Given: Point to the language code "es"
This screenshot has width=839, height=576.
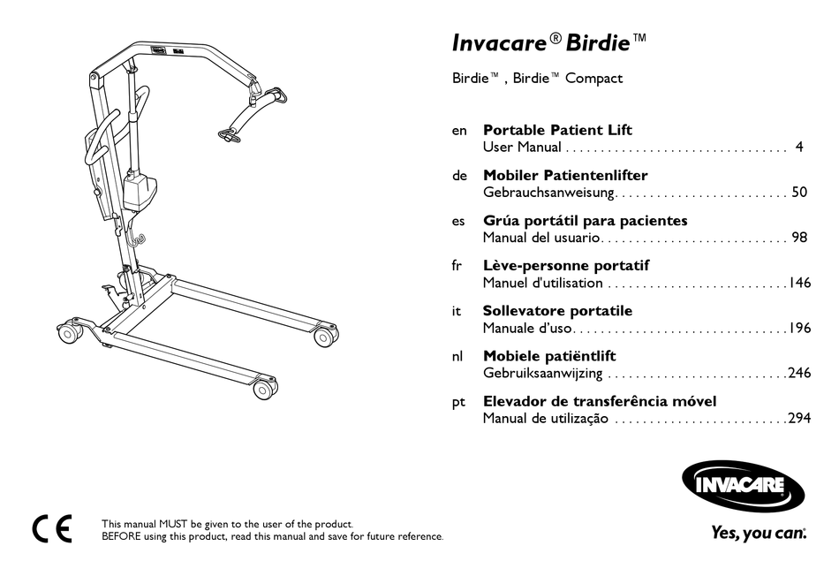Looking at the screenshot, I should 458,221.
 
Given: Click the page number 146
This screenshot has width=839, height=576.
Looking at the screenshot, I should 799,284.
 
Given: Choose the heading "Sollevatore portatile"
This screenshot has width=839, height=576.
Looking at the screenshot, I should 557,311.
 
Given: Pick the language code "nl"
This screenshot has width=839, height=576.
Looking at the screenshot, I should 458,356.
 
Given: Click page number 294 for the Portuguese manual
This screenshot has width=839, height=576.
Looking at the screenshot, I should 799,419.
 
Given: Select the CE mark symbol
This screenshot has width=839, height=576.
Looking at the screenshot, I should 52,529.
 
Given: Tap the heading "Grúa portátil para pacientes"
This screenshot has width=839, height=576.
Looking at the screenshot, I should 585,221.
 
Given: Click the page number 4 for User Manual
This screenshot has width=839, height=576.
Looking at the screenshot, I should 798,148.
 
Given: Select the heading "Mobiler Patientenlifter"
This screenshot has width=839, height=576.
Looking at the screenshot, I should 565,176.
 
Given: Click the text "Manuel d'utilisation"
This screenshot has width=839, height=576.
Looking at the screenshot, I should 542,284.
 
